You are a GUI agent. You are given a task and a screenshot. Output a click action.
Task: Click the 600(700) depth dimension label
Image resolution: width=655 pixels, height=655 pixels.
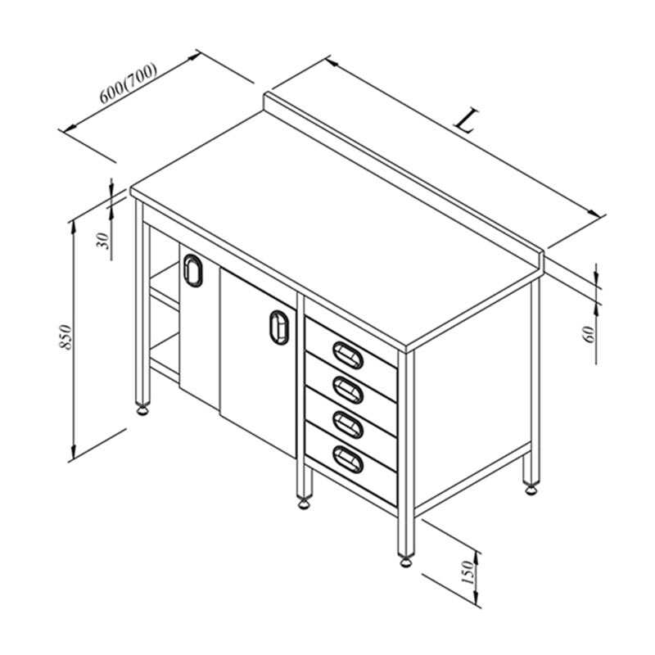point(129,83)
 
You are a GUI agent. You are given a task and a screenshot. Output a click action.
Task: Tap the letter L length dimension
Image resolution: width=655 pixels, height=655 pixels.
point(467,120)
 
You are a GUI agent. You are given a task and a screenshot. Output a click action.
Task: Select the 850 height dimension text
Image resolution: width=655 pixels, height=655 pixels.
point(66,337)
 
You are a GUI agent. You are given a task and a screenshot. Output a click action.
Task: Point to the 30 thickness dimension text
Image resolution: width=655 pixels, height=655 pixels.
point(102,241)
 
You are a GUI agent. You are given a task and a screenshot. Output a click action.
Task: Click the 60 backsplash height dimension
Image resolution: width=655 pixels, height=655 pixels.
point(588,334)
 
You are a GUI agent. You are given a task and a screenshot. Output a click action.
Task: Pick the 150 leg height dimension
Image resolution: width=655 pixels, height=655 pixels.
point(468,572)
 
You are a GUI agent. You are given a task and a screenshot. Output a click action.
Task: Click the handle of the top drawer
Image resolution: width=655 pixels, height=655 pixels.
point(348,355)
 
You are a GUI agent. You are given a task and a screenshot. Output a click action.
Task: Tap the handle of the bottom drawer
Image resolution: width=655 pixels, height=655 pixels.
point(348,459)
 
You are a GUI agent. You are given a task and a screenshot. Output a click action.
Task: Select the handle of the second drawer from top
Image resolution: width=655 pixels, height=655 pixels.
point(348,390)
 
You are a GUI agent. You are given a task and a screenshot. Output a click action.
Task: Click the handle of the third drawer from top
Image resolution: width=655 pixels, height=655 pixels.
point(348,425)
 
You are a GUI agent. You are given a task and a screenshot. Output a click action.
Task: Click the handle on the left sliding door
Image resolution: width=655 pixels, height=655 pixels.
point(193,271)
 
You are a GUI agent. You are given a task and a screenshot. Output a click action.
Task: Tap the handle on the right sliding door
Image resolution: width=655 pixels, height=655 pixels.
point(279,327)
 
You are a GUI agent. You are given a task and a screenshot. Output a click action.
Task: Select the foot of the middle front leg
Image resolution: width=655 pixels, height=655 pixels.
point(304,503)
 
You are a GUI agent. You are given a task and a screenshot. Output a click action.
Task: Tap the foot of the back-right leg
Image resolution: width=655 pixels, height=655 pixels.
point(531,489)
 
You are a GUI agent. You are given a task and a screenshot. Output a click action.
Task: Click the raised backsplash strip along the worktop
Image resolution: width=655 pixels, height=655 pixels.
point(403,180)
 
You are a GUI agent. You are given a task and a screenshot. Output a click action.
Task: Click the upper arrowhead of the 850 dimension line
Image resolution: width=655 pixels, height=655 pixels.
point(74,227)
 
